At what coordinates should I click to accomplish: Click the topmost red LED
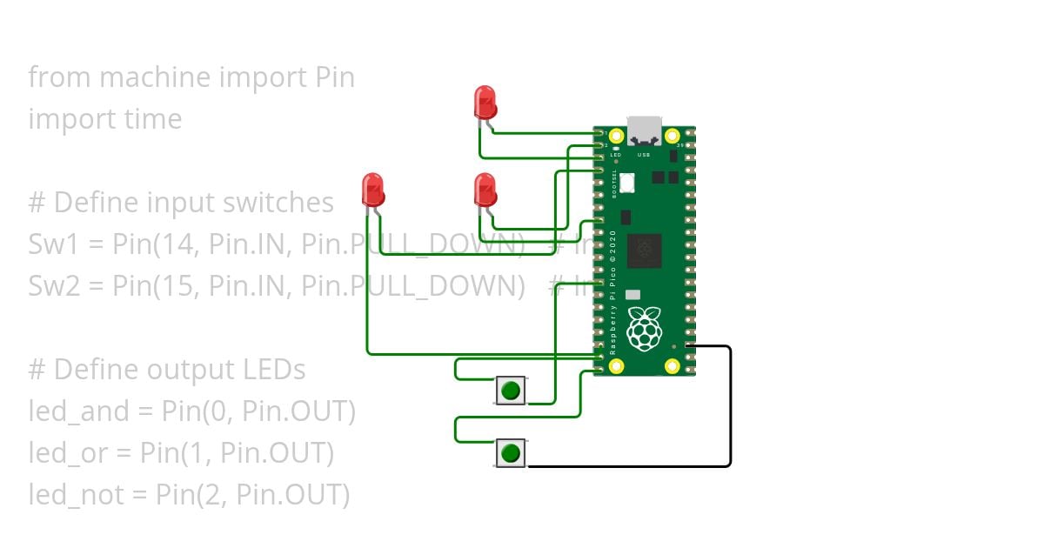pos(485,102)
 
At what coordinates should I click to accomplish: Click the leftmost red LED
pos(372,189)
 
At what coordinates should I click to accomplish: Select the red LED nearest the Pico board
pos(485,189)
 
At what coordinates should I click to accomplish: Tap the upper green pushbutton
pos(511,390)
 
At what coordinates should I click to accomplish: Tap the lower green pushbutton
pos(511,452)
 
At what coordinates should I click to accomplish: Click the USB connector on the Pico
pos(644,131)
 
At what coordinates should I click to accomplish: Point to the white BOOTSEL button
pos(628,183)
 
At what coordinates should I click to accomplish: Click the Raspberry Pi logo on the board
pos(644,329)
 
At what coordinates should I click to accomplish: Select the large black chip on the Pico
pos(644,251)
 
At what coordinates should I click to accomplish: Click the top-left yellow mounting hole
pos(617,137)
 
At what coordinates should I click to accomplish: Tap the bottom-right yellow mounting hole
pos(672,366)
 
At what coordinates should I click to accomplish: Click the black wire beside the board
pos(730,409)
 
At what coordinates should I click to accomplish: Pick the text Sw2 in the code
pos(50,285)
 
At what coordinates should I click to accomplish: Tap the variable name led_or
pos(63,453)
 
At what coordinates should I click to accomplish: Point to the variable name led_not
pos(69,495)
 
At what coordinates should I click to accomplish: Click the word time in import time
pos(153,119)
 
